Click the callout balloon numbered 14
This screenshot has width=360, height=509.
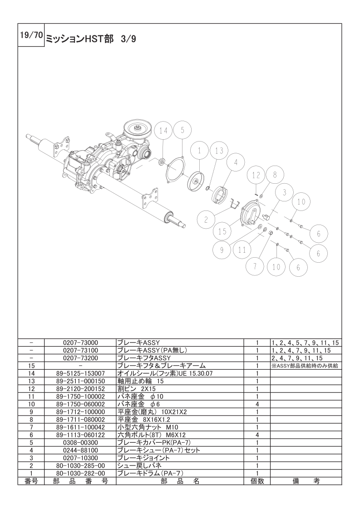(163, 131)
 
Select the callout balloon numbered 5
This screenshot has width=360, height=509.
(182, 130)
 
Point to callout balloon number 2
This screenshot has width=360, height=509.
(206, 220)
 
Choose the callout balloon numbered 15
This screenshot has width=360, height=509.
(222, 232)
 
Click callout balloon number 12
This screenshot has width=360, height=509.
(256, 175)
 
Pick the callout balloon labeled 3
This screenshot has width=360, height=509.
(285, 192)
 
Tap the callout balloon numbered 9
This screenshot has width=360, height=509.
(222, 250)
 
